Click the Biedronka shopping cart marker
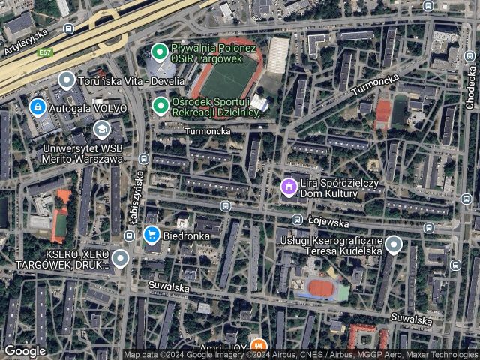152,235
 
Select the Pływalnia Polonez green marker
159,52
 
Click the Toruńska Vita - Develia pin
66,79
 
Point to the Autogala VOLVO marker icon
36,108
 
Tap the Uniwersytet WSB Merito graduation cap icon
100,130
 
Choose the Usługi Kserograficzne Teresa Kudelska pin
392,244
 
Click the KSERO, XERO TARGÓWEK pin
120,259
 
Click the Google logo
25,350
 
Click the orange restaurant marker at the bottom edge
258,346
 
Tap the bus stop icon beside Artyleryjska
69,28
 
